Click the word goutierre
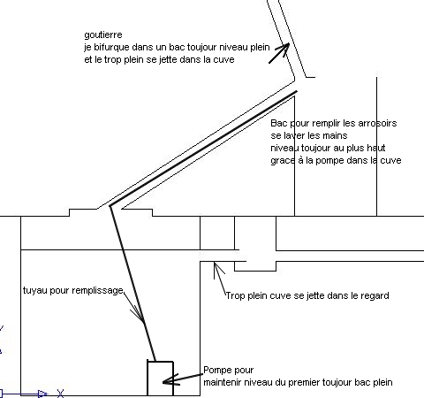click(x=103, y=35)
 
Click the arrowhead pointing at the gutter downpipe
click(x=284, y=48)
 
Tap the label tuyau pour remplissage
click(x=73, y=291)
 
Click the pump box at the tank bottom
click(x=160, y=379)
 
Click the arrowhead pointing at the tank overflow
click(x=217, y=267)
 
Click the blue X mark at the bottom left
click(x=60, y=394)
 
